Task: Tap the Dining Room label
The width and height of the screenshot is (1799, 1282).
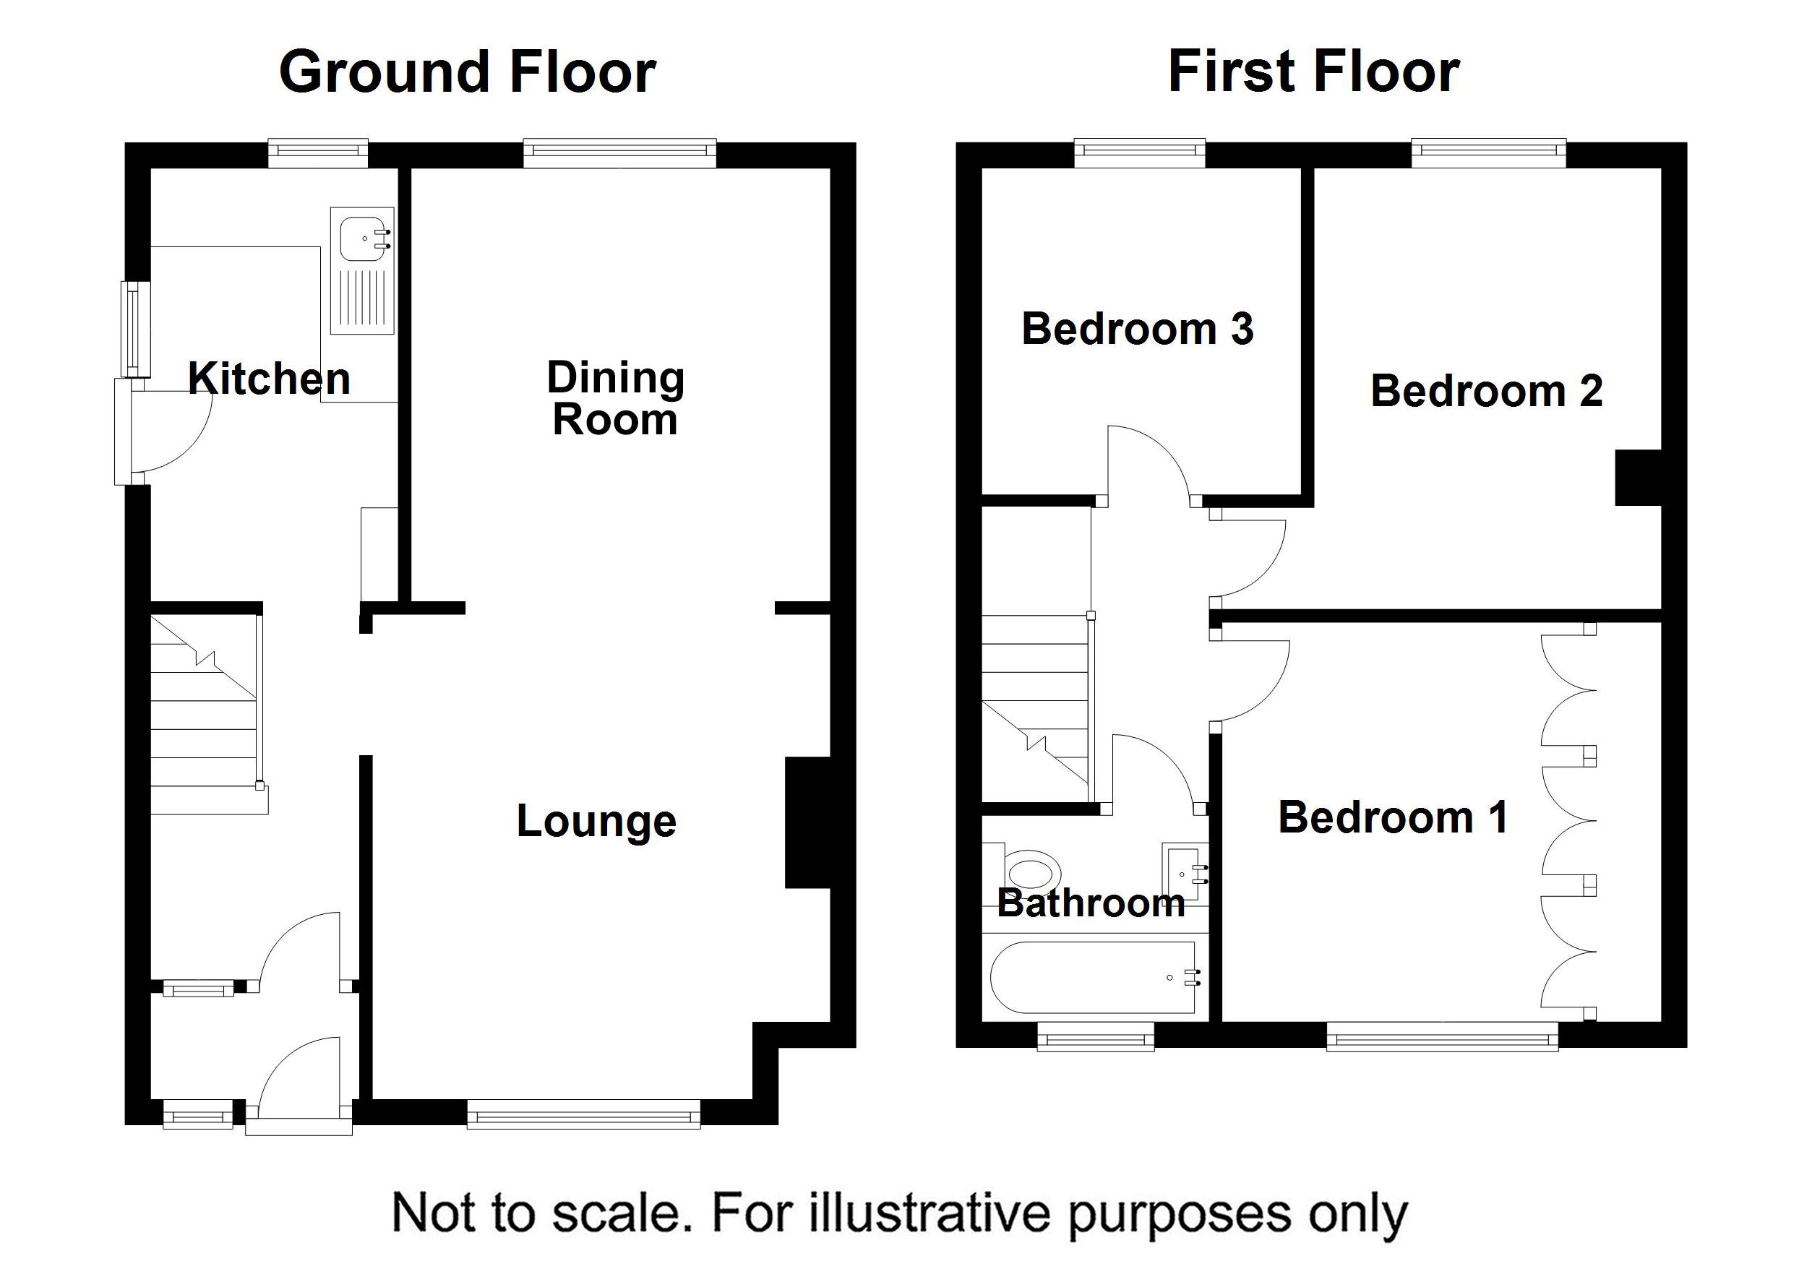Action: (x=616, y=398)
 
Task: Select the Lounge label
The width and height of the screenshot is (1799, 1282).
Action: (x=596, y=821)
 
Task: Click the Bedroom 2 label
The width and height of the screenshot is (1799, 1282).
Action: (x=1487, y=391)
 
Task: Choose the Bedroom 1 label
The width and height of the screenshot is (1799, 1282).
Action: (x=1394, y=817)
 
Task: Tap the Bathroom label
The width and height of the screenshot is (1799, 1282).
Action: (x=1091, y=903)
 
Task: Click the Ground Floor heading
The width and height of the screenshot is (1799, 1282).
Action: (x=468, y=72)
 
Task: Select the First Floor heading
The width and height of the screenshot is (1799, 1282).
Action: (x=1313, y=71)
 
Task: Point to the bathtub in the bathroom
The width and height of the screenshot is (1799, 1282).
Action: (x=1094, y=977)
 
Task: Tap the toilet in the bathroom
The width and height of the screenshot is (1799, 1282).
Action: (x=1030, y=874)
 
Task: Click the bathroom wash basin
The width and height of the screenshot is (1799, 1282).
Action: (x=1185, y=872)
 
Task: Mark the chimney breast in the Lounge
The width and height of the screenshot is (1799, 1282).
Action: (x=807, y=823)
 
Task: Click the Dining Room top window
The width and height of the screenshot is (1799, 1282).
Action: (x=619, y=153)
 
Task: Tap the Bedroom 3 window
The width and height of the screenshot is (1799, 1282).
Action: (x=1140, y=153)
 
